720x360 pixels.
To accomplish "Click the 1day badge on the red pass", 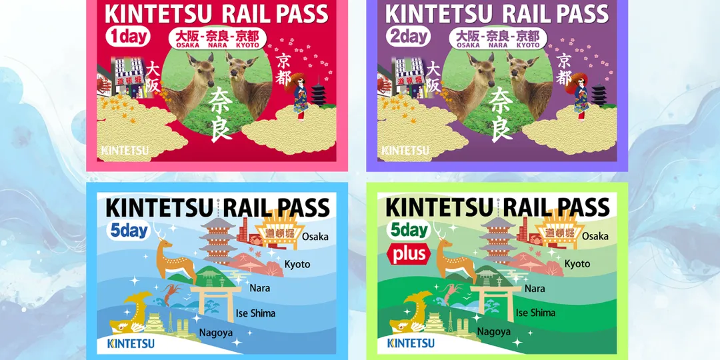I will [128, 36].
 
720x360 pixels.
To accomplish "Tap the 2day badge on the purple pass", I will [408, 36].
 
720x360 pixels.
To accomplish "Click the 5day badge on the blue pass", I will [129, 231].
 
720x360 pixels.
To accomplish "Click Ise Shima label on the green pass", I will [535, 313].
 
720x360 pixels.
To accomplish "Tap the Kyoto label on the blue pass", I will [297, 264].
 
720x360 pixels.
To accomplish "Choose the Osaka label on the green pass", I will [595, 236].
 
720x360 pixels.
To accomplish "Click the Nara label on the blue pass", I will [259, 289].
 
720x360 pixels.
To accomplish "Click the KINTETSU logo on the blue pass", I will [130, 343].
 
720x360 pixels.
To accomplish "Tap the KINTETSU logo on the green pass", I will [410, 343].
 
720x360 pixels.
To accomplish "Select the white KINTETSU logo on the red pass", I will [125, 151].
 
